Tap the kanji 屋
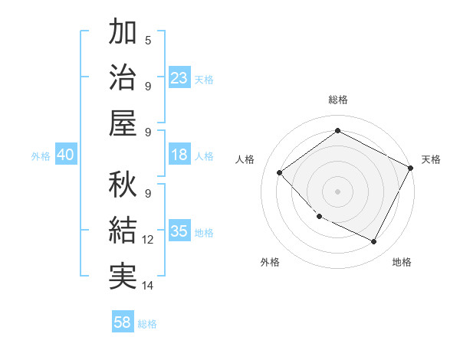(x=123, y=123)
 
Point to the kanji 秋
(x=123, y=184)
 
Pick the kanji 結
(x=123, y=230)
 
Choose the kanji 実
(x=123, y=276)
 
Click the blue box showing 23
(x=179, y=78)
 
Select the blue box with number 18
(x=179, y=155)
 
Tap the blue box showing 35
(x=179, y=231)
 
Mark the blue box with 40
(x=65, y=155)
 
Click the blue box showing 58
(x=123, y=322)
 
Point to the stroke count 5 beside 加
(x=148, y=40)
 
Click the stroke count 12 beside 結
(x=148, y=240)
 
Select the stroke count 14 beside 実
(x=148, y=286)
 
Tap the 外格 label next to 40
(x=41, y=156)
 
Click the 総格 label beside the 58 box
(x=147, y=324)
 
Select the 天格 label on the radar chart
(x=432, y=159)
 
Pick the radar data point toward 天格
(x=411, y=168)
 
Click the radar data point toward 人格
(x=280, y=173)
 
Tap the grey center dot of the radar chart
(x=337, y=191)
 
